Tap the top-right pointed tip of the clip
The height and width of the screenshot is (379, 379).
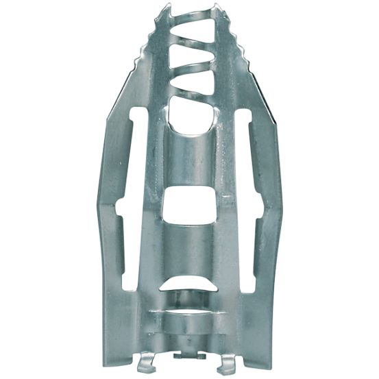tap(219, 8)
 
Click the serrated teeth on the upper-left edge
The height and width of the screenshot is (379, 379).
tap(147, 55)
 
